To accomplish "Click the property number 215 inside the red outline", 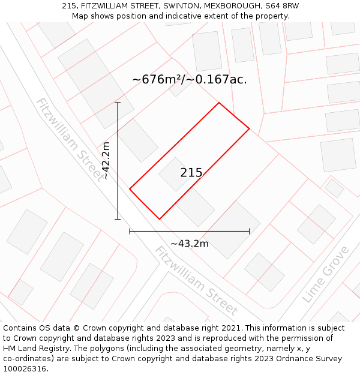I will (191, 173).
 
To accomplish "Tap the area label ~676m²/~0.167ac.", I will (189, 79).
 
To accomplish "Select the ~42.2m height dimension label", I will (106, 161).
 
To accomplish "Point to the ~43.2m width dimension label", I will (190, 244).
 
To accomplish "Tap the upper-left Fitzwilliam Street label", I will (69, 139).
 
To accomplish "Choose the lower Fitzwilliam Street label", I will (196, 281).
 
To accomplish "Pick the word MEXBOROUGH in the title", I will (226, 6).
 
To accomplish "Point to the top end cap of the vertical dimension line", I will (118, 103).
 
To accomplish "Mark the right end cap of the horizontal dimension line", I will (249, 231).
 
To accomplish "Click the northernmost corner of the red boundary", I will (219, 103).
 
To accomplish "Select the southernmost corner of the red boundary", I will (160, 219).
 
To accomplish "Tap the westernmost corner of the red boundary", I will (130, 189).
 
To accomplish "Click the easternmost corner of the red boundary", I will (249, 128).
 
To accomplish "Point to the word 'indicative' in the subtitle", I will (185, 16).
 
